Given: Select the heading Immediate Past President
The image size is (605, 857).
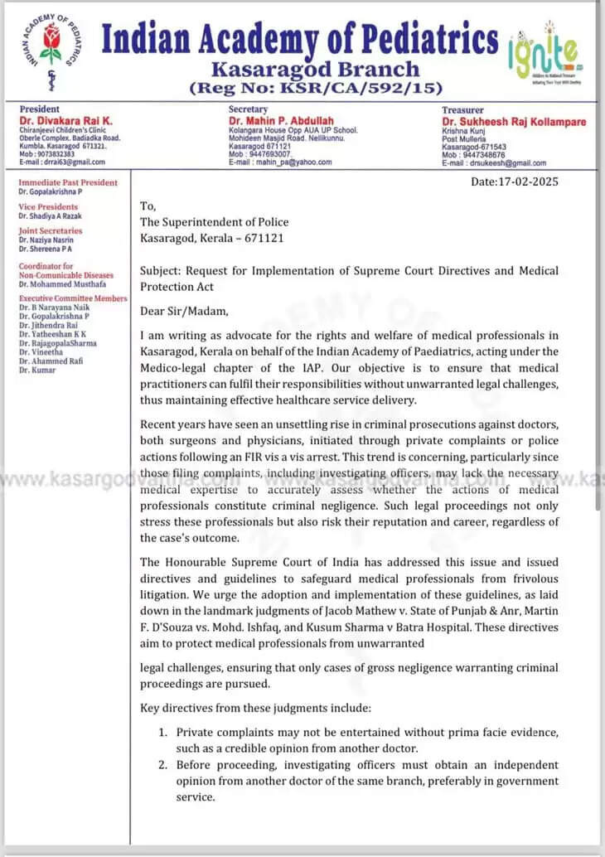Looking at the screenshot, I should [68, 182].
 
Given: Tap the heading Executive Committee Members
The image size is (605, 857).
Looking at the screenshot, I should [73, 298].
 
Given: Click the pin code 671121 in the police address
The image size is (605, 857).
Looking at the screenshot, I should [266, 237].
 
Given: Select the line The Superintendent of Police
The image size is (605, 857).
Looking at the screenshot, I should [214, 221].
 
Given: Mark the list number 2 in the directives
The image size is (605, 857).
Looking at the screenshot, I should [163, 765].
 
